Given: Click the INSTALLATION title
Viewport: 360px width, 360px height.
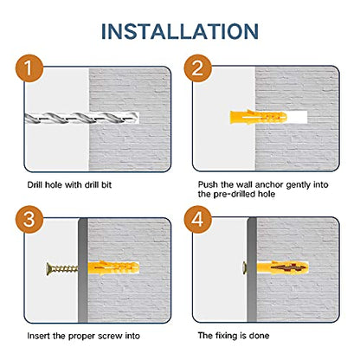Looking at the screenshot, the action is [x=180, y=31].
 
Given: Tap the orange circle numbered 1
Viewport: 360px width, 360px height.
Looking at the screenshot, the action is [x=29, y=68].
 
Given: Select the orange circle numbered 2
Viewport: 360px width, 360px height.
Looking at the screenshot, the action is [x=198, y=68].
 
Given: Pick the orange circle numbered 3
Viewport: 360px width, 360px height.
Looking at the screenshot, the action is [x=29, y=219].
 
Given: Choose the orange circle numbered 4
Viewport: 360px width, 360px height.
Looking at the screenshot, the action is [x=198, y=219].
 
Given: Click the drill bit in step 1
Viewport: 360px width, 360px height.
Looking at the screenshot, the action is [x=81, y=118].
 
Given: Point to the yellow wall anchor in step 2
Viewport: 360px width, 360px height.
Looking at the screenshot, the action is [x=259, y=117].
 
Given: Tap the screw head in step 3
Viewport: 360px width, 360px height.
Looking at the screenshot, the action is [x=48, y=269].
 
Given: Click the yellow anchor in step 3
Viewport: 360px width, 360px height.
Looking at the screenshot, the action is [x=113, y=268].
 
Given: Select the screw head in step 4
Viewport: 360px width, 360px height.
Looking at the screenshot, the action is [x=245, y=268].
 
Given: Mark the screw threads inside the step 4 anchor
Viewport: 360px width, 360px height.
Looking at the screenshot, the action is [x=287, y=268].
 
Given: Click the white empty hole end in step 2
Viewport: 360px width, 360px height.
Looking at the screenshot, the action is [x=297, y=117].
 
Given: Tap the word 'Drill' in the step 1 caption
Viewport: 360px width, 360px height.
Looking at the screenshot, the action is [x=35, y=184].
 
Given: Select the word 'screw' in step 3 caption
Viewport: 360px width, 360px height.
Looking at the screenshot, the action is [x=110, y=336].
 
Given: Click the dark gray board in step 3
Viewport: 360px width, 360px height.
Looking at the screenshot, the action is [x=83, y=270].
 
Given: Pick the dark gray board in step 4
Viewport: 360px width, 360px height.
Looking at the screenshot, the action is [x=252, y=269].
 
